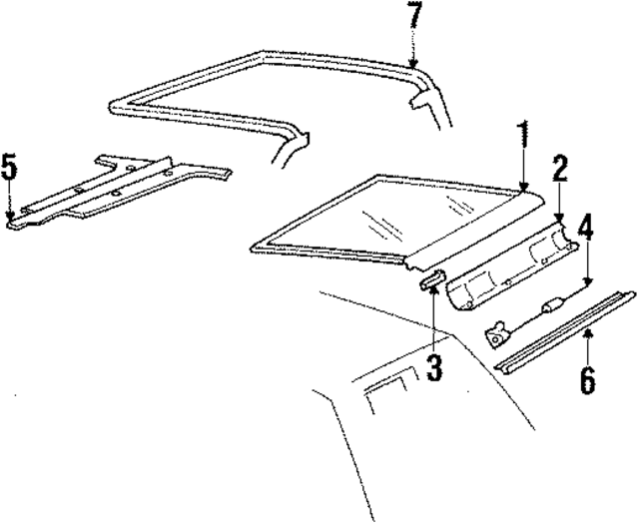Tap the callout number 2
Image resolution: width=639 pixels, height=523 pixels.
coord(560,169)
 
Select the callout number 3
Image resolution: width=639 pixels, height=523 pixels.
coord(433,368)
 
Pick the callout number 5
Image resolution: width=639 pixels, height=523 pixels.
coord(9,167)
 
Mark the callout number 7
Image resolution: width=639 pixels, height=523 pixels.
coord(413,17)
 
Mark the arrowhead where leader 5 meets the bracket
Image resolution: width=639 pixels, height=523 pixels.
coord(9,217)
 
